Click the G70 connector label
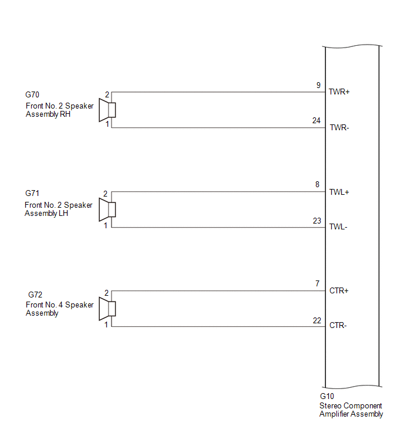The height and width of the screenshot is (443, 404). pyautogui.click(x=32, y=94)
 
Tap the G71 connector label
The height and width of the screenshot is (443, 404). pyautogui.click(x=32, y=193)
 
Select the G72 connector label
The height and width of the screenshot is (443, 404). pyautogui.click(x=35, y=295)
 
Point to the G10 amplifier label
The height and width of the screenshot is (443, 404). pyautogui.click(x=327, y=396)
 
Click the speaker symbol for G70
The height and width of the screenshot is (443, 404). pyautogui.click(x=107, y=110)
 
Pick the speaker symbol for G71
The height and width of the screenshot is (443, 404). pyautogui.click(x=107, y=209)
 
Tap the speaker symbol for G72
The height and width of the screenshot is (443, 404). pyautogui.click(x=107, y=309)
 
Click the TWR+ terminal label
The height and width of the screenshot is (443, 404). pyautogui.click(x=339, y=92)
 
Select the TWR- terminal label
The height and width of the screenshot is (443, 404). pyautogui.click(x=339, y=128)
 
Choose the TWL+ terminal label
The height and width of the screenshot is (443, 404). pyautogui.click(x=339, y=192)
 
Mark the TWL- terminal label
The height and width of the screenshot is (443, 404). pyautogui.click(x=338, y=227)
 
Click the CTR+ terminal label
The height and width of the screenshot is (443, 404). pyautogui.click(x=339, y=290)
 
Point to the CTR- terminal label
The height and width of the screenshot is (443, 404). pyautogui.click(x=338, y=326)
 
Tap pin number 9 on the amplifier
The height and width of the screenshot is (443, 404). pyautogui.click(x=318, y=85)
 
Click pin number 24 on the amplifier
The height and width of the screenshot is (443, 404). pyautogui.click(x=317, y=121)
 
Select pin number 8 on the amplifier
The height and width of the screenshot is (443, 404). pyautogui.click(x=317, y=184)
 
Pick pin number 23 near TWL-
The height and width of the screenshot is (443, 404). pyautogui.click(x=317, y=221)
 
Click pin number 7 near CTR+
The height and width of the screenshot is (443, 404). pyautogui.click(x=318, y=283)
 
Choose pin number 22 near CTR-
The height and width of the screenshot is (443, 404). pyautogui.click(x=317, y=321)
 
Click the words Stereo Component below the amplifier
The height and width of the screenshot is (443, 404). pyautogui.click(x=351, y=406)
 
